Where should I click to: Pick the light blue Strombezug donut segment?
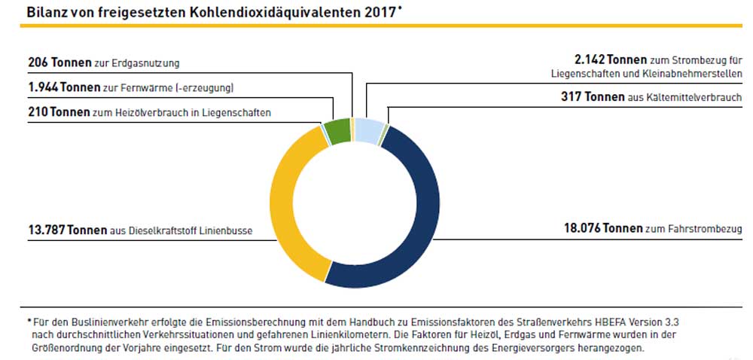[368, 130]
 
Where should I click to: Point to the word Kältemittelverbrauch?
[697, 98]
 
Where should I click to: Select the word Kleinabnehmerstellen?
[694, 74]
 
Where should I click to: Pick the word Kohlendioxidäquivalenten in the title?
[264, 12]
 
